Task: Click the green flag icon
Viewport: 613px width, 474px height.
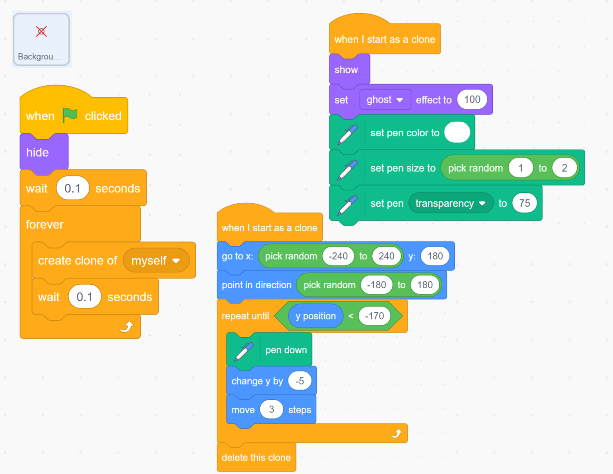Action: [70, 115]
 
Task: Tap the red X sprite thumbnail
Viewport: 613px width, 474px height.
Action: [41, 32]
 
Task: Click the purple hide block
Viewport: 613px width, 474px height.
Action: [38, 152]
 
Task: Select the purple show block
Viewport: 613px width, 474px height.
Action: [346, 70]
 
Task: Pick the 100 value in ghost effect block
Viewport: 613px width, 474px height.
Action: [472, 99]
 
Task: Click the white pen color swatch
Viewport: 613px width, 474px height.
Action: [457, 132]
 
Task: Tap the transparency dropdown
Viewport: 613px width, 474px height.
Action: [450, 203]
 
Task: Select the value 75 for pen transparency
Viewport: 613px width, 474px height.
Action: [524, 203]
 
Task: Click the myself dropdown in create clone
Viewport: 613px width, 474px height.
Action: [156, 261]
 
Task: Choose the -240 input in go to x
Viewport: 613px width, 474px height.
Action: [338, 256]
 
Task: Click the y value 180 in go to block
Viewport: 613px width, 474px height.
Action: [435, 256]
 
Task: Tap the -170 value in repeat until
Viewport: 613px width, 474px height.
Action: [374, 316]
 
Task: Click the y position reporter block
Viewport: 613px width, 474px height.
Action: [316, 316]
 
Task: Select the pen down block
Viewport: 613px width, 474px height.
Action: [286, 350]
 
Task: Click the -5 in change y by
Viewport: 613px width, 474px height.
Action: [299, 381]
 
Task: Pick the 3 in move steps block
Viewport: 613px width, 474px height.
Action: [271, 409]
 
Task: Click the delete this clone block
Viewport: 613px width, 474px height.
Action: [256, 457]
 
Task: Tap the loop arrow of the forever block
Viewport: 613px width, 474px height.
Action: [127, 327]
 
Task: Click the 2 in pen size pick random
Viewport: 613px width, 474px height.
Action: [564, 168]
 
